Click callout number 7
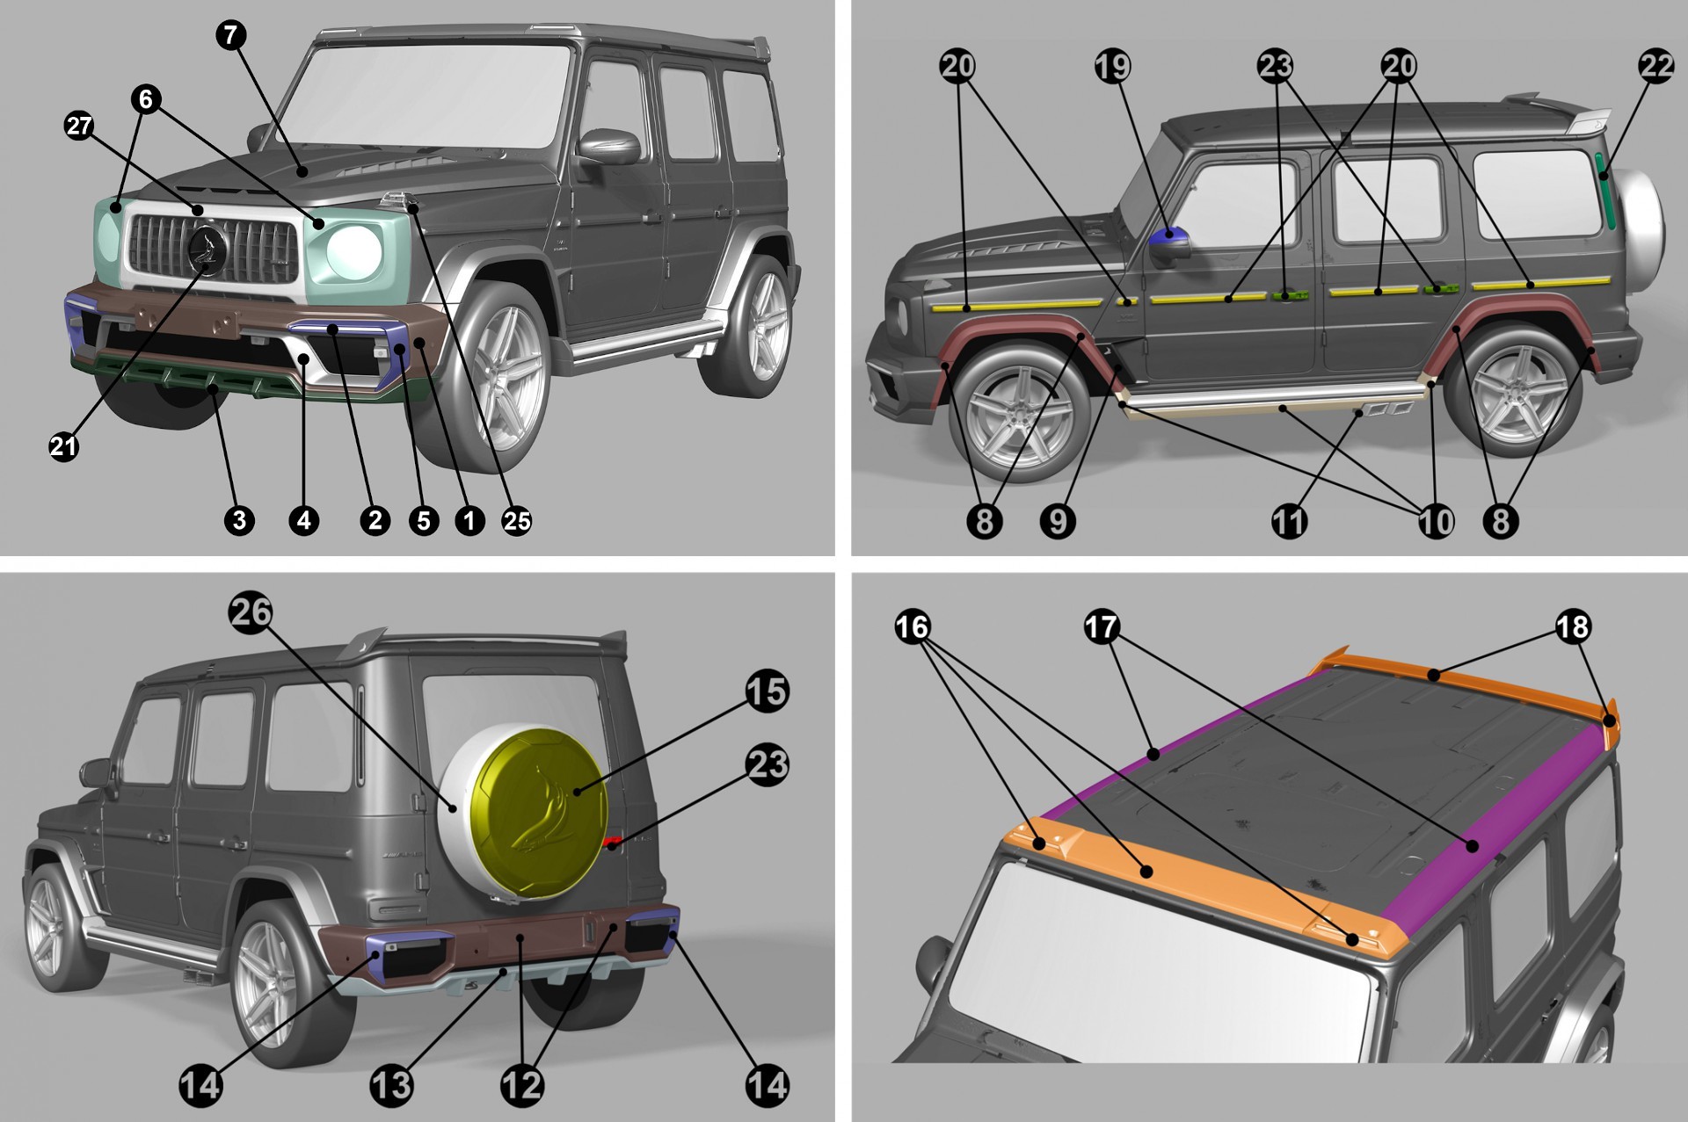(230, 35)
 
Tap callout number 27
(79, 127)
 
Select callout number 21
(63, 446)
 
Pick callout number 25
(516, 521)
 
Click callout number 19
(1112, 66)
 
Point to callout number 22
(1656, 66)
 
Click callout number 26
(251, 612)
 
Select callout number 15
(767, 691)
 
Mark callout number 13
(391, 1085)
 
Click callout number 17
(1101, 626)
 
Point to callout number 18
(1572, 626)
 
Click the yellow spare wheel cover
(538, 813)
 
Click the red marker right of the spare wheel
(613, 842)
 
